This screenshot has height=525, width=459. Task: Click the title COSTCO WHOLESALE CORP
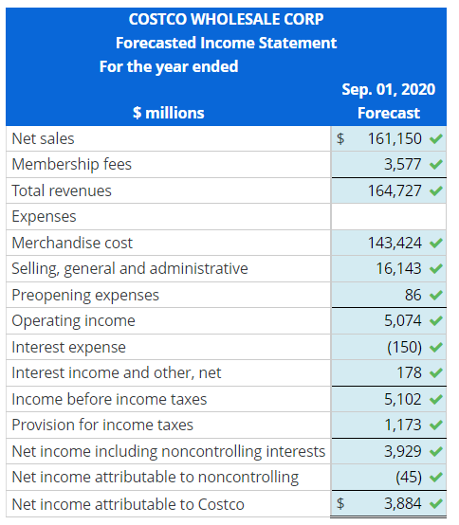[x=226, y=20]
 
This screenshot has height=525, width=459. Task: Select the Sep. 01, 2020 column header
[x=388, y=89]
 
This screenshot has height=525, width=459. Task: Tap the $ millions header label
[x=168, y=113]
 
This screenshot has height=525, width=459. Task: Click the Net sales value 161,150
[x=395, y=138]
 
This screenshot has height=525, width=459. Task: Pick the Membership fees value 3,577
[x=403, y=164]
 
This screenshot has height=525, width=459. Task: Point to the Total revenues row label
[x=62, y=190]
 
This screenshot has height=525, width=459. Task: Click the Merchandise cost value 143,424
[x=395, y=243]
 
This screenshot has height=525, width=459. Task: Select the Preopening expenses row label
[x=85, y=295]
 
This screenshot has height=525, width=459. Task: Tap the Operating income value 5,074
[x=403, y=320]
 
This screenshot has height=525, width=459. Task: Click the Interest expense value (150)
[x=405, y=347]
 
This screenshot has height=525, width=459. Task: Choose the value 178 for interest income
[x=410, y=372]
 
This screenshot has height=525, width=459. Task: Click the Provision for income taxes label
[x=102, y=425]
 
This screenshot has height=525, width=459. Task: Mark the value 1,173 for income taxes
[x=403, y=425]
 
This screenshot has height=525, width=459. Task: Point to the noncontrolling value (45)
[x=408, y=477]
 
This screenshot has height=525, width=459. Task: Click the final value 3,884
[x=403, y=503]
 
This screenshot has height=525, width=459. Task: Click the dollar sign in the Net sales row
[x=341, y=138]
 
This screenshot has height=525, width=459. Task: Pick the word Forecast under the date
[x=388, y=113]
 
